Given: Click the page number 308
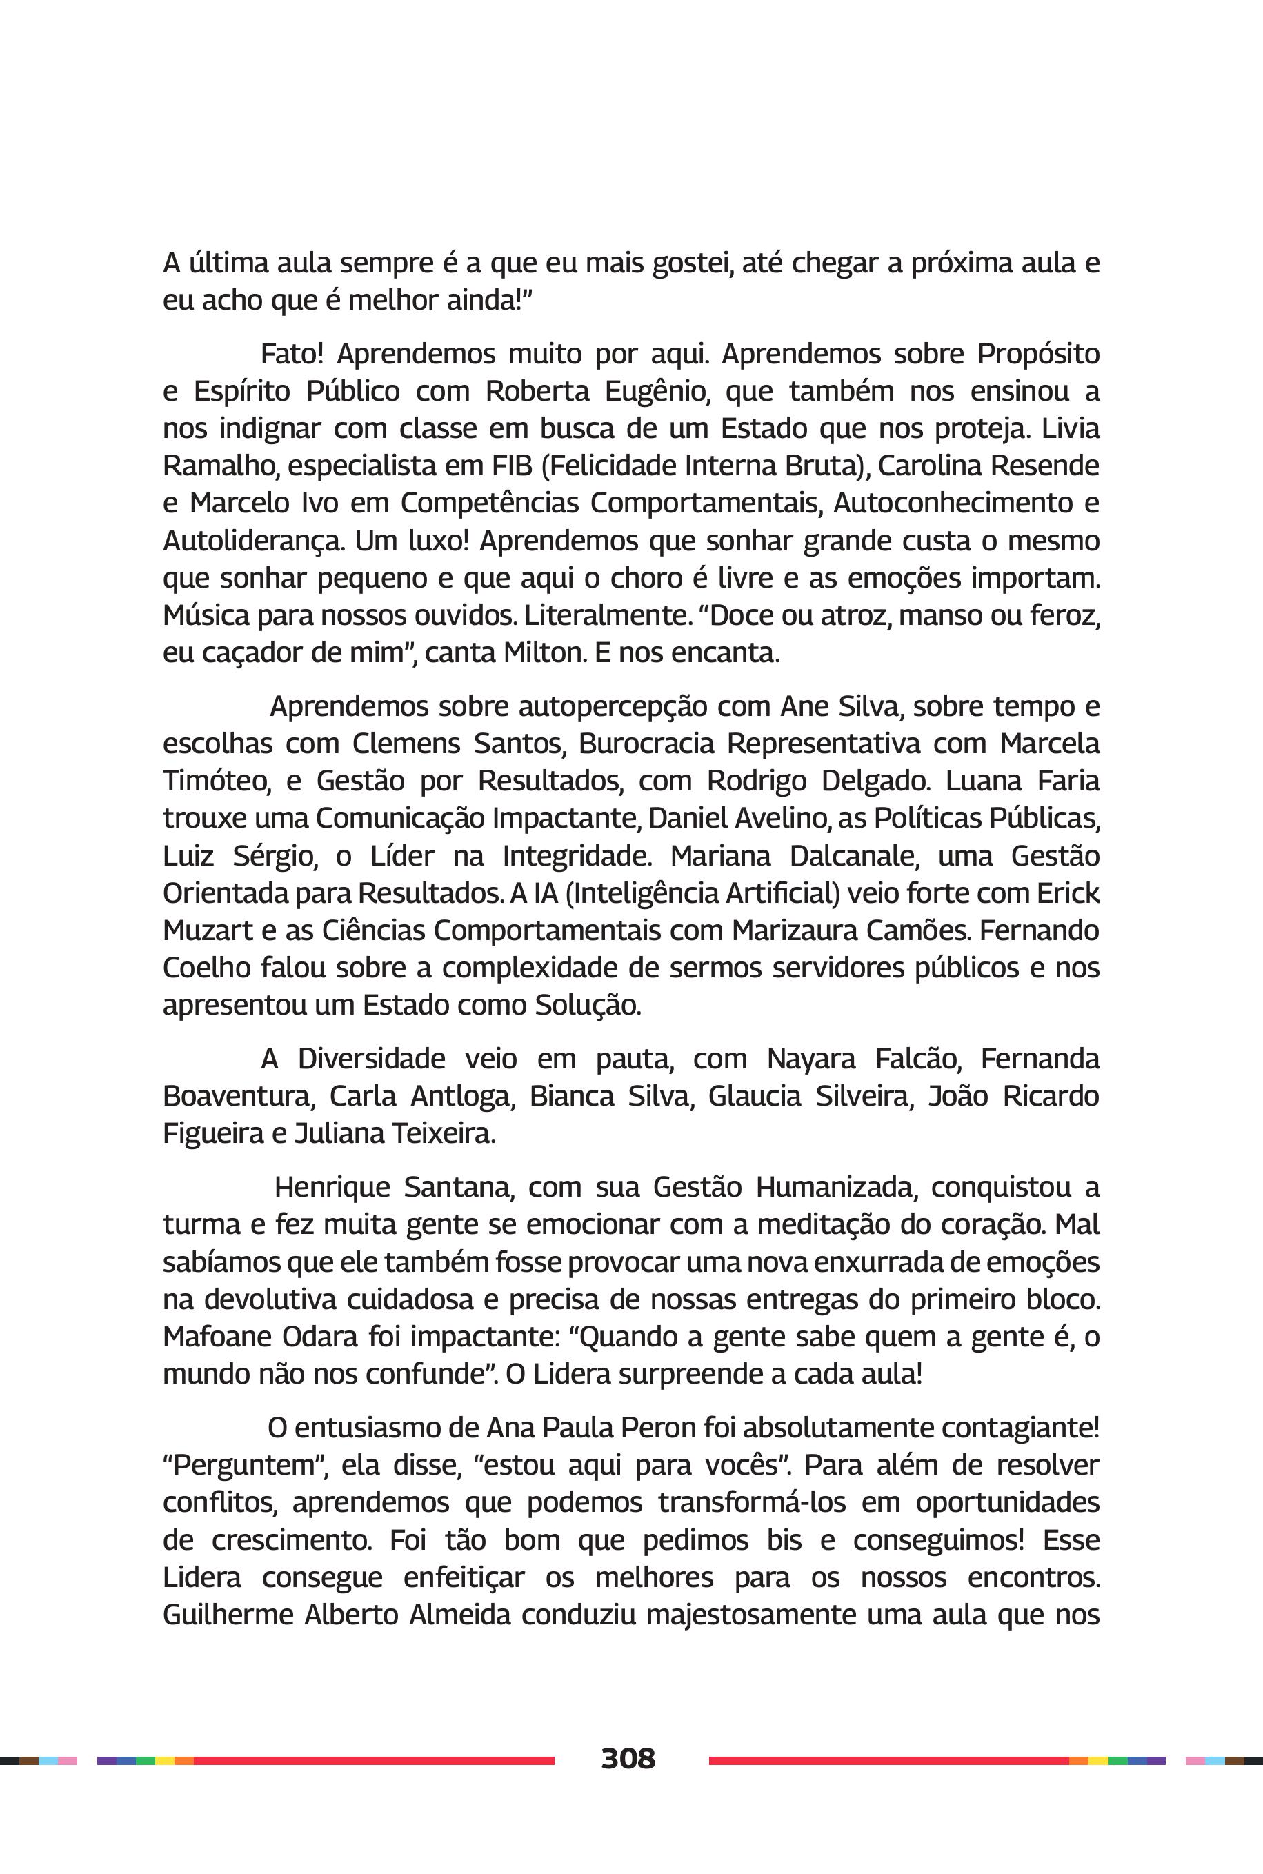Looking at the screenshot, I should point(628,1758).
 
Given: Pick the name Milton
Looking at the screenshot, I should point(544,652).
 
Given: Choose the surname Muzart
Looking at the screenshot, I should point(207,930).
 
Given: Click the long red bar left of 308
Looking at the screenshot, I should point(374,1760).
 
